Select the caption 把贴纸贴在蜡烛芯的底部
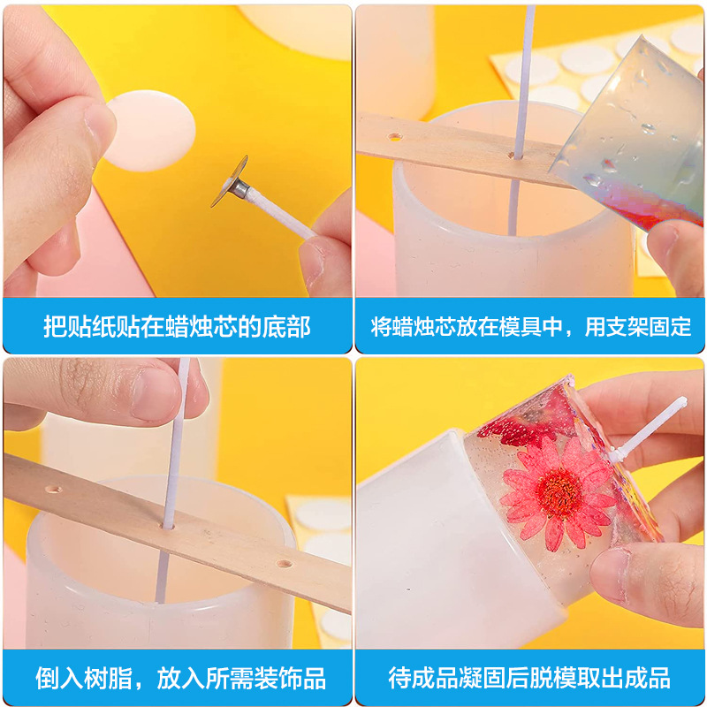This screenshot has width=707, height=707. tap(177, 326)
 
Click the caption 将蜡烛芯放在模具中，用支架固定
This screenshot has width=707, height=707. tap(530, 326)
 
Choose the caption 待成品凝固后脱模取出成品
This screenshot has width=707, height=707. tap(529, 678)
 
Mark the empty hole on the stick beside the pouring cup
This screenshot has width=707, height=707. tap(394, 137)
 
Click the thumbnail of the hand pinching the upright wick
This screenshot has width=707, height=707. tap(177, 504)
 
